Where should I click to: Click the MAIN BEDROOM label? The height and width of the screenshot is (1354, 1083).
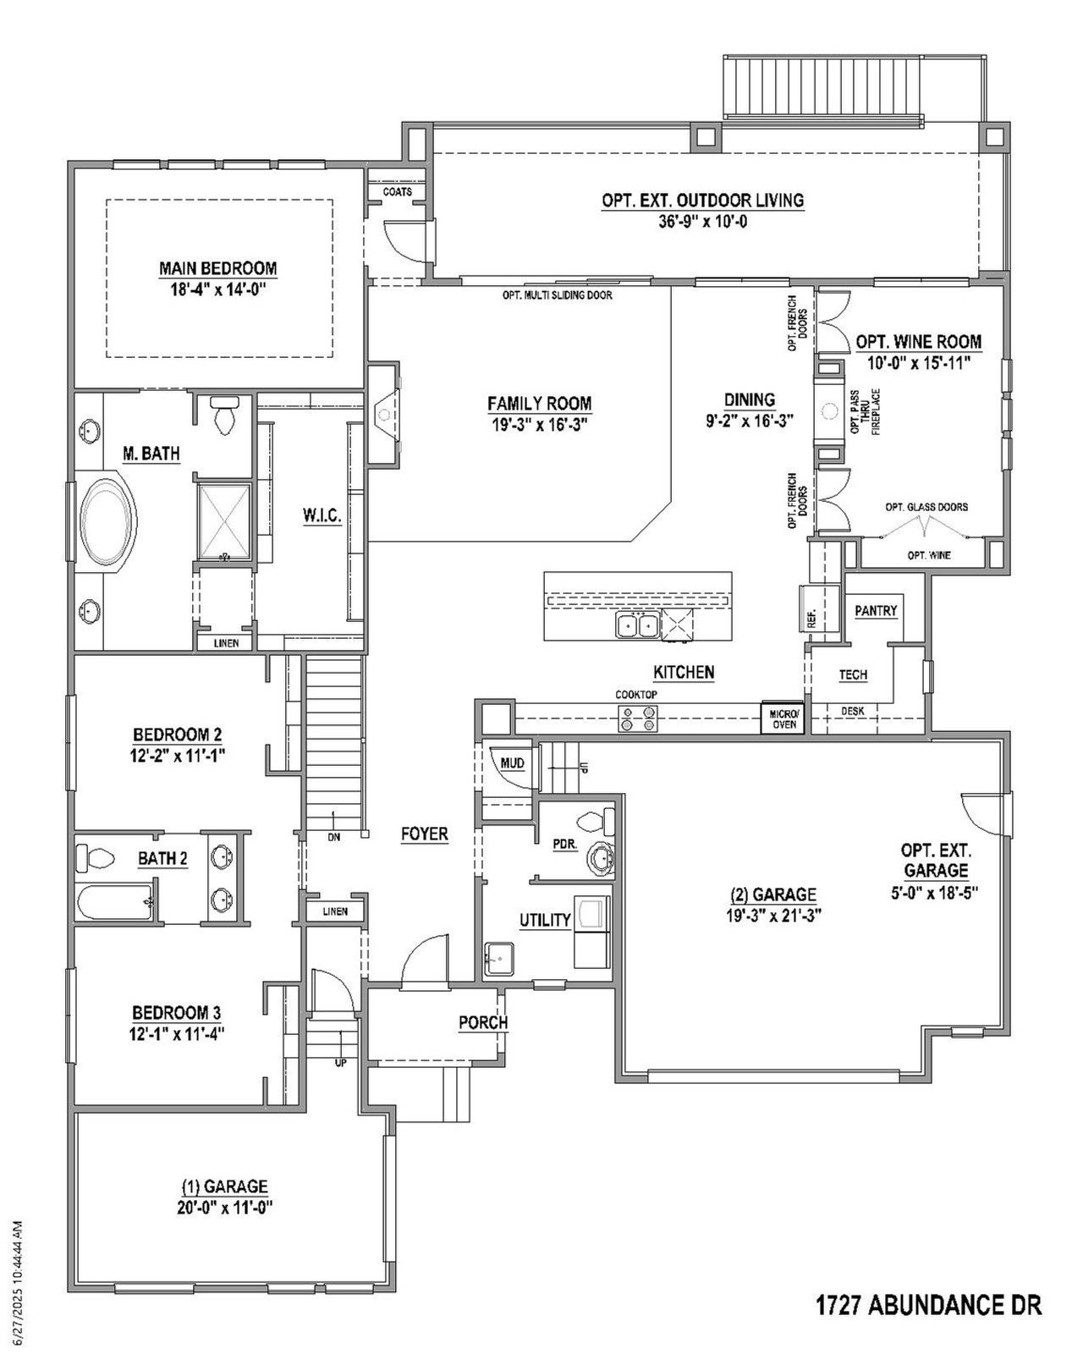click(x=217, y=268)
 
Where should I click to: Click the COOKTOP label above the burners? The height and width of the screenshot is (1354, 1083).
click(x=636, y=694)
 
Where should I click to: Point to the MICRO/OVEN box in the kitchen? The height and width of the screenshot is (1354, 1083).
click(x=784, y=718)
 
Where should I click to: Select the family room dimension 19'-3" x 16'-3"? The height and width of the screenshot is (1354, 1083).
click(x=539, y=423)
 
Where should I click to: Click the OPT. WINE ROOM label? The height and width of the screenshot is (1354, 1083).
click(x=919, y=342)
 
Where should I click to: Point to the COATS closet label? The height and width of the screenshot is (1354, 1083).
click(x=398, y=192)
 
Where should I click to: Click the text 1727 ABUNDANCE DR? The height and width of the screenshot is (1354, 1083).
click(x=928, y=1305)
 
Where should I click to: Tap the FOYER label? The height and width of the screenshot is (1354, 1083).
click(x=424, y=834)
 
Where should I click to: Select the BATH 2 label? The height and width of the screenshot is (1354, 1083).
click(x=162, y=859)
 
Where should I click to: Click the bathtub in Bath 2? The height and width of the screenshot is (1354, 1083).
click(x=115, y=902)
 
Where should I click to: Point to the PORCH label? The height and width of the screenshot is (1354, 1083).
click(x=482, y=1022)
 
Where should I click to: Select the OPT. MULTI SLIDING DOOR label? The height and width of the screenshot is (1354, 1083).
click(x=557, y=295)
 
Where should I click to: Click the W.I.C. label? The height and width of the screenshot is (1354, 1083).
click(x=322, y=515)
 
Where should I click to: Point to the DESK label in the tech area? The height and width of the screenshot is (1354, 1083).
click(x=853, y=712)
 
